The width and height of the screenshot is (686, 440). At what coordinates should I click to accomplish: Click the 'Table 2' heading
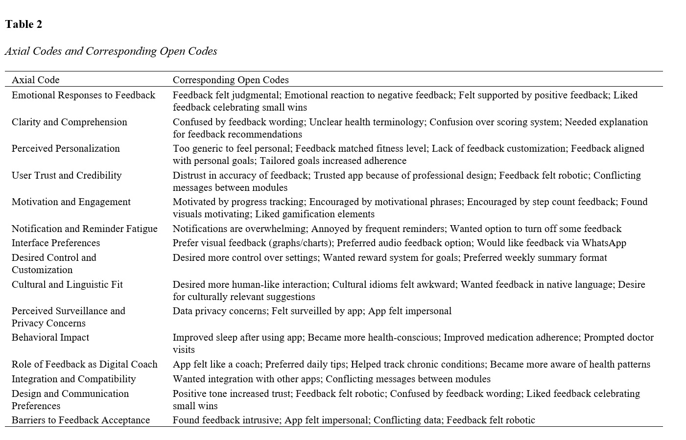click(24, 24)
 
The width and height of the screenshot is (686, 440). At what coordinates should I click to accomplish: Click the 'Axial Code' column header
click(35, 80)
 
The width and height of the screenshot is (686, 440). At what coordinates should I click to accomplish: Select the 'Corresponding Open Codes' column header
click(231, 80)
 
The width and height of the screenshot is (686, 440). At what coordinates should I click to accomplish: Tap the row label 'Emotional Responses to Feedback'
click(83, 95)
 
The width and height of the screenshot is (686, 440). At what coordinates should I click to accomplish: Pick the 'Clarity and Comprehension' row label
click(69, 122)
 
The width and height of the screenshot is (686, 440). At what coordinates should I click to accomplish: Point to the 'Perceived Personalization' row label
click(66, 148)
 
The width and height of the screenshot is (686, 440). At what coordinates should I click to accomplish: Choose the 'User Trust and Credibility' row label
click(67, 175)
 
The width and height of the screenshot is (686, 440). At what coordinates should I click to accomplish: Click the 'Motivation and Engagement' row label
click(71, 202)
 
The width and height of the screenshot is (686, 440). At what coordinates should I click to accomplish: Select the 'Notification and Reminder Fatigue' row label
click(84, 229)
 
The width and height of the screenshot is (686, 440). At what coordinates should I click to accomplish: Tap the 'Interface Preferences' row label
click(56, 243)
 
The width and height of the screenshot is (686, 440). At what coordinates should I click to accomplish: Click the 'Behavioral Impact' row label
click(50, 337)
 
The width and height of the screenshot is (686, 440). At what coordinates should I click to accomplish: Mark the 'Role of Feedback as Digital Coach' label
click(84, 364)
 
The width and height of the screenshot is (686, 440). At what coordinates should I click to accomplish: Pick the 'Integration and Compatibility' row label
click(73, 379)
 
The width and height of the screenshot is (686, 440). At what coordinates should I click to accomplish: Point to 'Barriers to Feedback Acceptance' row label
click(81, 420)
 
